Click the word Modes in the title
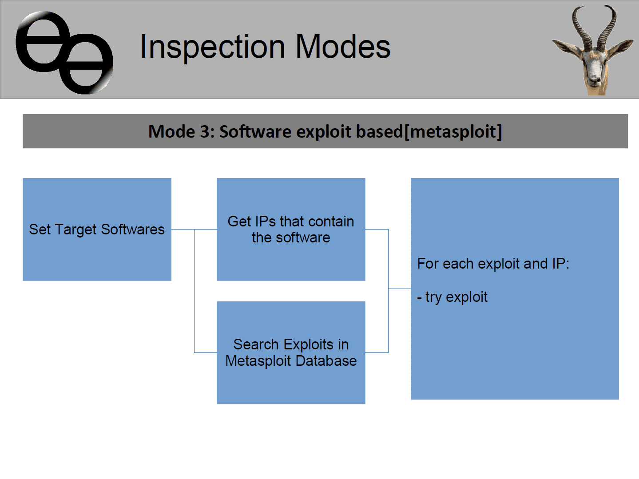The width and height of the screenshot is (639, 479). pyautogui.click(x=343, y=46)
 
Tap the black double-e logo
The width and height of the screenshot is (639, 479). pyautogui.click(x=64, y=53)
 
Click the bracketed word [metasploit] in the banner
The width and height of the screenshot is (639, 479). pyautogui.click(x=453, y=132)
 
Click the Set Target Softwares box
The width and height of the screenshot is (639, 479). pyautogui.click(x=97, y=230)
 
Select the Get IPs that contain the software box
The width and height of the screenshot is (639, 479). pyautogui.click(x=291, y=230)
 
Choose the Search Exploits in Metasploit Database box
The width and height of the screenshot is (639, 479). pyautogui.click(x=291, y=352)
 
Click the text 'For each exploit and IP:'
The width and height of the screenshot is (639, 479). pyautogui.click(x=493, y=264)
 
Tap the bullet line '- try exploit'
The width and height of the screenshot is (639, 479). pyautogui.click(x=452, y=297)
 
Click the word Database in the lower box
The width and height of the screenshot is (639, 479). pyautogui.click(x=326, y=361)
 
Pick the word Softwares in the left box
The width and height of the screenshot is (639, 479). pyautogui.click(x=133, y=230)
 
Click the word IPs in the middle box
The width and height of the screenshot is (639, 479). pyautogui.click(x=266, y=222)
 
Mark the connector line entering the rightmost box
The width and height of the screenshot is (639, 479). pyautogui.click(x=400, y=289)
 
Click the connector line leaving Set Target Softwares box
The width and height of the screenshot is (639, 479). pyautogui.click(x=183, y=230)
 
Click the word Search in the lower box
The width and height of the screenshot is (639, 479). pyautogui.click(x=256, y=344)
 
